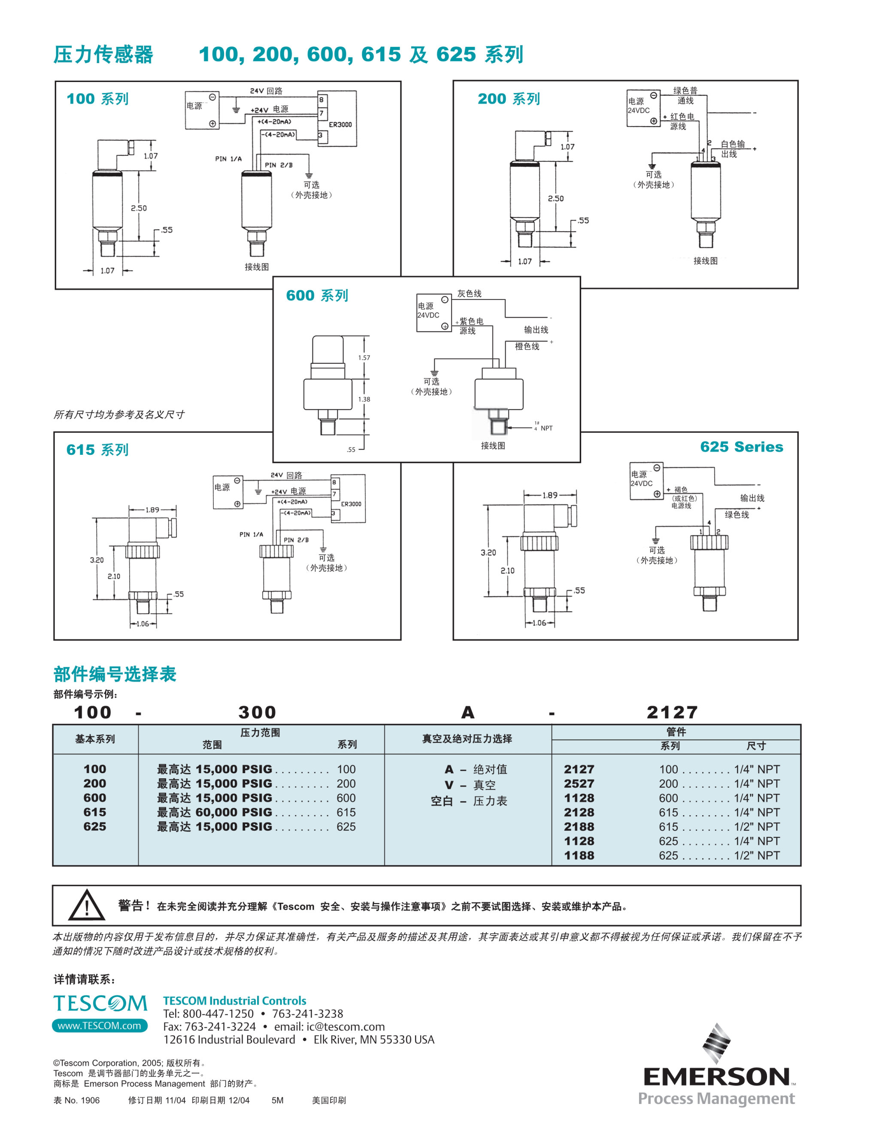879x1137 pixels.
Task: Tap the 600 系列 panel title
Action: [317, 296]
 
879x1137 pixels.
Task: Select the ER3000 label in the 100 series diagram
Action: [340, 124]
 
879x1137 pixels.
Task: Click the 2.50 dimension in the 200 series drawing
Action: [556, 198]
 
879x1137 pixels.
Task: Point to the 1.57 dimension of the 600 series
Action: [364, 358]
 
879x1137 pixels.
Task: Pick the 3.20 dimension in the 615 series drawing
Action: [97, 560]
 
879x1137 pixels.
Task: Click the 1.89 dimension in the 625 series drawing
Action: [550, 495]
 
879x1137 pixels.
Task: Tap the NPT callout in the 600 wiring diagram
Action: [546, 428]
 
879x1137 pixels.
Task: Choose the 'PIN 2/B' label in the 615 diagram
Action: [296, 540]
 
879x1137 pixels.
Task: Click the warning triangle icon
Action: [86, 905]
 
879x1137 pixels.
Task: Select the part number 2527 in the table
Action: [579, 783]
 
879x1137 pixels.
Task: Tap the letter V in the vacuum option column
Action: [449, 785]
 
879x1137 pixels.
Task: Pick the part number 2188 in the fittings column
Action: [579, 827]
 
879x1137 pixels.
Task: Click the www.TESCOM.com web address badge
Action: [100, 1025]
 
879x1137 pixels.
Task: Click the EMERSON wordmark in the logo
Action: [716, 1077]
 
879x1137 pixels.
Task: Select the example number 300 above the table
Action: [257, 712]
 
